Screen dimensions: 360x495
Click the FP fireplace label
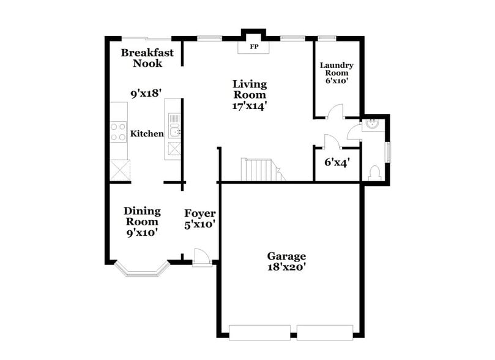tap(253, 47)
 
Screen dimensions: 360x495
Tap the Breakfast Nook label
tap(147, 58)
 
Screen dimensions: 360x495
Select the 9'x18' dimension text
tap(146, 94)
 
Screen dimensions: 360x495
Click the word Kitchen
tap(147, 133)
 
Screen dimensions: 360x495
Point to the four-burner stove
tap(118, 132)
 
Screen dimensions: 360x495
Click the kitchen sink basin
tap(174, 130)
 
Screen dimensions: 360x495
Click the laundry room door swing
tap(333, 111)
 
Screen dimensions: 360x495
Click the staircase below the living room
tap(260, 170)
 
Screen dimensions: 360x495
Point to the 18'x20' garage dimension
tap(286, 261)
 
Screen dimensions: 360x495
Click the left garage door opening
tap(260, 333)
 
